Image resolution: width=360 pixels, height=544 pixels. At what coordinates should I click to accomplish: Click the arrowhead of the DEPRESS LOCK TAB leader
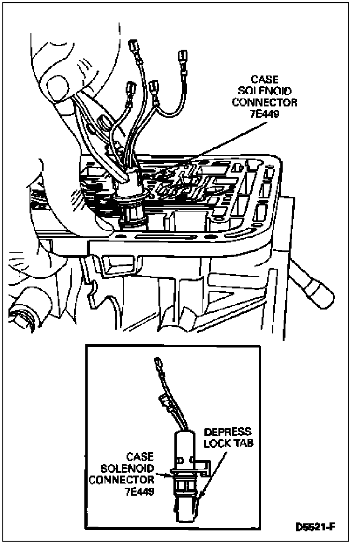[x=201, y=496]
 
